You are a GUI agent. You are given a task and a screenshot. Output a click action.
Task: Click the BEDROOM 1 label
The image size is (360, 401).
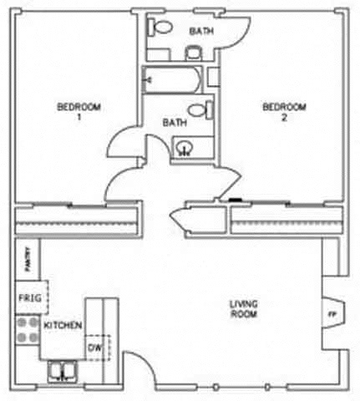[x=79, y=111]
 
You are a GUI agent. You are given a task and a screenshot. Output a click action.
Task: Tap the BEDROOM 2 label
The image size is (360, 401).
[x=285, y=111]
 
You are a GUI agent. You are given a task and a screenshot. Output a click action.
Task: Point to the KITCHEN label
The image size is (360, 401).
[x=63, y=325]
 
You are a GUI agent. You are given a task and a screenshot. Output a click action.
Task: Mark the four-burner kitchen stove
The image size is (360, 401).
[x=28, y=331]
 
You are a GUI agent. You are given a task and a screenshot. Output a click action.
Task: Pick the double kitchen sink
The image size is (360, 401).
[x=61, y=370]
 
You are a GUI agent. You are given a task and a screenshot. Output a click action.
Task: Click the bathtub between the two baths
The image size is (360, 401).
[x=171, y=80]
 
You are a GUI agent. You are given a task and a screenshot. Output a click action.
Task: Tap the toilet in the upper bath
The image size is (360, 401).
[x=160, y=28]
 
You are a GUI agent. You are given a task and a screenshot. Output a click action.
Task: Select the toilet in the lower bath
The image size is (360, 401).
[x=197, y=109]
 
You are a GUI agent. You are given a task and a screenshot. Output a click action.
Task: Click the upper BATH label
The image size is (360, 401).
[x=200, y=32]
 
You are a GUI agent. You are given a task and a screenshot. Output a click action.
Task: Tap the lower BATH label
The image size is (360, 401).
[x=175, y=123]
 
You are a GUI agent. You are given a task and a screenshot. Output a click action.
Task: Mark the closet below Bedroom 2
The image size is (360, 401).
[x=286, y=221]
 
